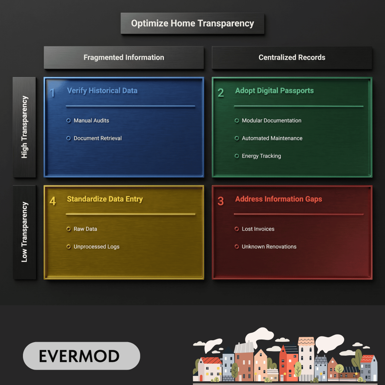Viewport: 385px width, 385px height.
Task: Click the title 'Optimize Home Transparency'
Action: point(192,23)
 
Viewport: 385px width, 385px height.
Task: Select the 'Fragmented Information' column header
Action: point(124,58)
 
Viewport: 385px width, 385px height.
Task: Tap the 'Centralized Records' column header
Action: point(292,58)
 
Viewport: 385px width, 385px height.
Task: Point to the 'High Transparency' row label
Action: point(24,127)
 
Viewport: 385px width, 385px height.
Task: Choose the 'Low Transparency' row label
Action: point(24,232)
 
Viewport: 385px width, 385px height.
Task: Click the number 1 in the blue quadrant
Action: point(52,93)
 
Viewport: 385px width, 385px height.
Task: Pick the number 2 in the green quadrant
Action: point(220,93)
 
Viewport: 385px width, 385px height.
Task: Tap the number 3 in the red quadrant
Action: point(220,201)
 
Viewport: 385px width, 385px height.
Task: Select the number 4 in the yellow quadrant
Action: point(53,201)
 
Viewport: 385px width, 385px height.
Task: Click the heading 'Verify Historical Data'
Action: point(102,91)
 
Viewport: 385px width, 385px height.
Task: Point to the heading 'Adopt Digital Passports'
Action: point(274,91)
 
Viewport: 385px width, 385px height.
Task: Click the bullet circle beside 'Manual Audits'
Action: point(68,121)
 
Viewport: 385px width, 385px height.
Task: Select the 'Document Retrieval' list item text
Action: point(98,138)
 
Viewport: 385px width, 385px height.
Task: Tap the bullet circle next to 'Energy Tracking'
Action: point(237,156)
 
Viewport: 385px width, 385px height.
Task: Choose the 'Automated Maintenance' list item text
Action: point(272,138)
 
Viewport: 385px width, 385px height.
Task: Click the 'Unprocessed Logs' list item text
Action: point(97,247)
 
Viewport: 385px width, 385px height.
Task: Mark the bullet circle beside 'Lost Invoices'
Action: point(237,229)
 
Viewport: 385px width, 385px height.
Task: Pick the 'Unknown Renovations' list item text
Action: point(269,247)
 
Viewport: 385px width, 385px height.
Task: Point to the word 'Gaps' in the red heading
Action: point(314,199)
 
